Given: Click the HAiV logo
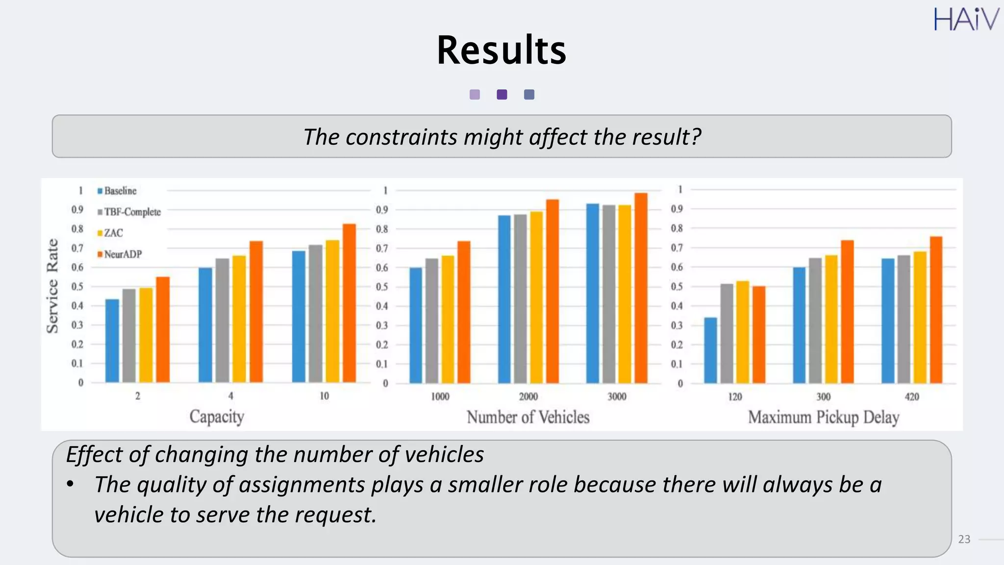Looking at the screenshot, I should tap(966, 20).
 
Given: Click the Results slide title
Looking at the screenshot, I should tap(501, 50).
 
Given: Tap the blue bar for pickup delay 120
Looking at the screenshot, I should tap(710, 350).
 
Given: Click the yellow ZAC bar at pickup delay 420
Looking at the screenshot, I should tap(920, 317).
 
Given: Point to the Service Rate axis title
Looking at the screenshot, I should tap(52, 286).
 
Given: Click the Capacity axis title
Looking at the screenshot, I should tap(217, 416).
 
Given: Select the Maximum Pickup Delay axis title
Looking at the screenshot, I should tap(823, 417).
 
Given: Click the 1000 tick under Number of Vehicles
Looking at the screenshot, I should tap(440, 396).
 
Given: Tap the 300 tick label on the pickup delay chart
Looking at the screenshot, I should tap(823, 396).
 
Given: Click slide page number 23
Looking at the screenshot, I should tap(964, 539).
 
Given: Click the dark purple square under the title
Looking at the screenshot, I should tap(502, 95).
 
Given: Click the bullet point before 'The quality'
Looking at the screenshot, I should tap(71, 485).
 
